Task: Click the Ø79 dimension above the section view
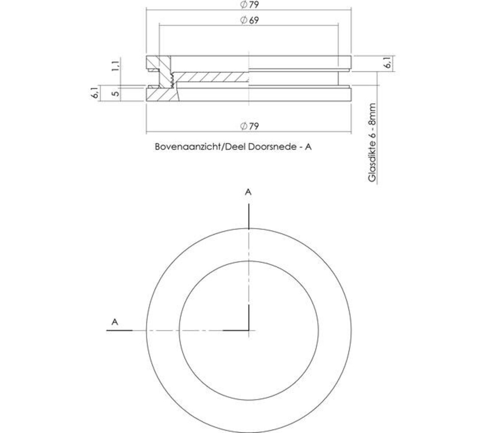point(249,4)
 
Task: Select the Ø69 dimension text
point(249,20)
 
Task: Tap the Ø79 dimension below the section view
point(249,126)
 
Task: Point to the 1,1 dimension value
point(115,66)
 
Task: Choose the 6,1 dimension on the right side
point(388,63)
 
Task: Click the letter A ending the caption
point(308,147)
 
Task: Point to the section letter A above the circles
point(248,192)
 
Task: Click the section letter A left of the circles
point(115,322)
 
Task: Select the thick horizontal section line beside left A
point(119,330)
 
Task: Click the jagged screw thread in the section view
point(173,79)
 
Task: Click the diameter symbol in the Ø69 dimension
point(244,20)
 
